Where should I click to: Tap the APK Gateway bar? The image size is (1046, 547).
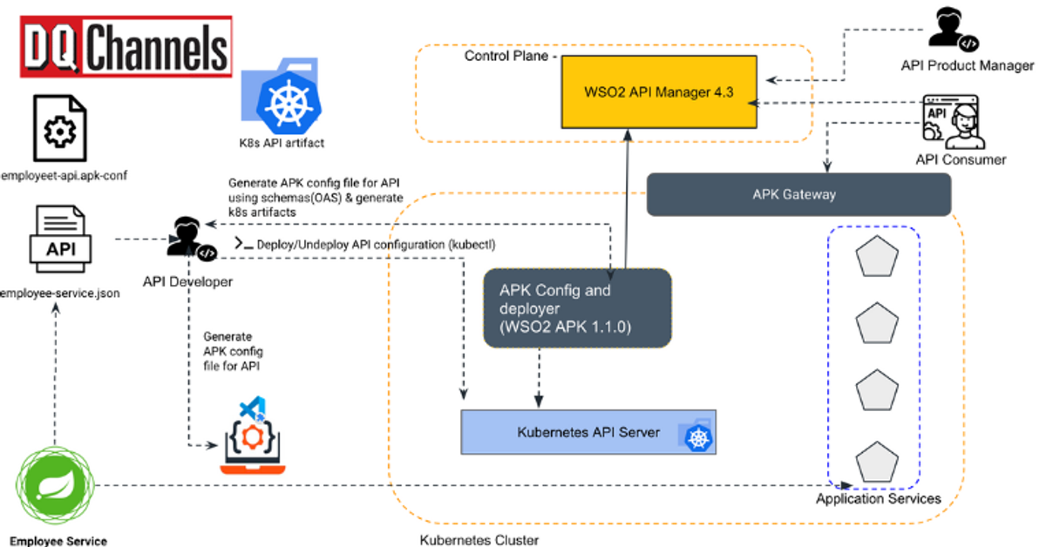click(x=798, y=194)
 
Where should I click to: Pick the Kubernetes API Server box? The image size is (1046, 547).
click(x=588, y=431)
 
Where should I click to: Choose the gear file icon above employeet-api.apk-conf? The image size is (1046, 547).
click(x=59, y=130)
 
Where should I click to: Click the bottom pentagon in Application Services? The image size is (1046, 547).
click(x=875, y=458)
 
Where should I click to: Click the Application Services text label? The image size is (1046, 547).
click(x=878, y=499)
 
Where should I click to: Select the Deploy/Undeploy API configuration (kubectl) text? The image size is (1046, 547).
click(x=376, y=245)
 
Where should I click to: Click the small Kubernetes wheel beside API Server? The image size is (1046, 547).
click(x=699, y=436)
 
